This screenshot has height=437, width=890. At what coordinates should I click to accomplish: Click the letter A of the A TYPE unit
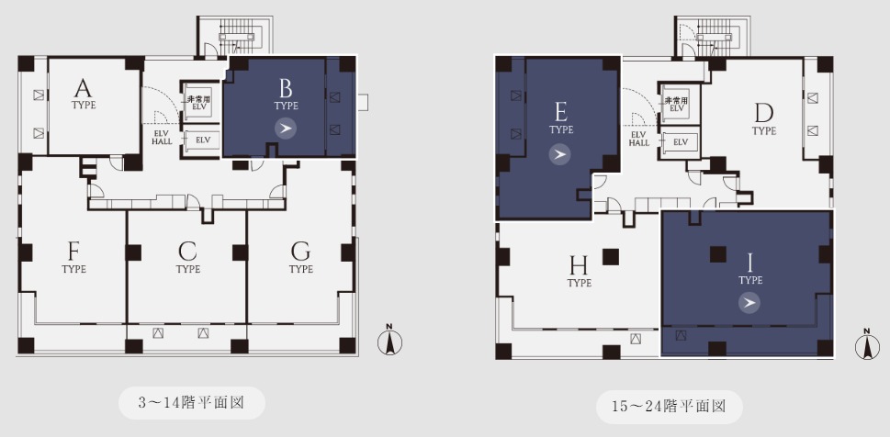83,88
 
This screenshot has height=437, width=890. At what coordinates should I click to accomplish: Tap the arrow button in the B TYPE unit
286,129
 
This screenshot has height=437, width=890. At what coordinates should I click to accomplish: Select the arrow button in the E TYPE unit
559,154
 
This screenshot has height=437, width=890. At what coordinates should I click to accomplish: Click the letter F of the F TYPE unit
73,251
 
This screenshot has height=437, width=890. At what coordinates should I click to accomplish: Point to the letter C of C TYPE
187,251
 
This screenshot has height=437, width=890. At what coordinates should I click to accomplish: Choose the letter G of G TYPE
300,251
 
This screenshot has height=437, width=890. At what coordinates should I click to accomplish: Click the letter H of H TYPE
579,264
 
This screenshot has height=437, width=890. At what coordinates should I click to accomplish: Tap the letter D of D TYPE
764,114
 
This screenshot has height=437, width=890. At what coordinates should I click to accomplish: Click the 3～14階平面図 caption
191,403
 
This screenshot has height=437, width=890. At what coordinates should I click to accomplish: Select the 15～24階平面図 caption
670,407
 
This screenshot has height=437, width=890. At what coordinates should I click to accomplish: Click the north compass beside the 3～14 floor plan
390,342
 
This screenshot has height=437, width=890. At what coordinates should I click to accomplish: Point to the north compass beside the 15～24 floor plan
867,345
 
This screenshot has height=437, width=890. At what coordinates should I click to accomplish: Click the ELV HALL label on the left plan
162,137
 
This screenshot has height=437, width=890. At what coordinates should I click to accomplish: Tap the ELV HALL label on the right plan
639,139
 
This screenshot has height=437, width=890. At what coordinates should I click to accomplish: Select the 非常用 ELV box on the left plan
201,103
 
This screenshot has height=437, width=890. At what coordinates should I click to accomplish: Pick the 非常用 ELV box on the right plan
679,104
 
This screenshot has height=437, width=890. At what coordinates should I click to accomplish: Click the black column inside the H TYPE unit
611,257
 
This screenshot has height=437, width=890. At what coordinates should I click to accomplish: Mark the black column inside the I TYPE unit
718,254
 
